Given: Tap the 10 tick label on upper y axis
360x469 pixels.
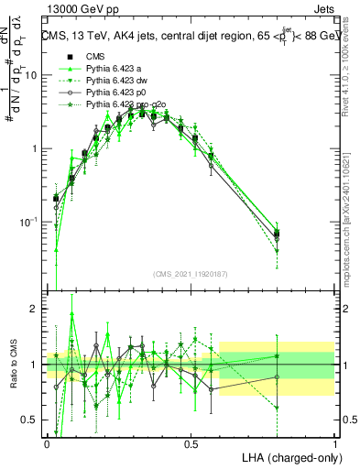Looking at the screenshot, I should (32, 75).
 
